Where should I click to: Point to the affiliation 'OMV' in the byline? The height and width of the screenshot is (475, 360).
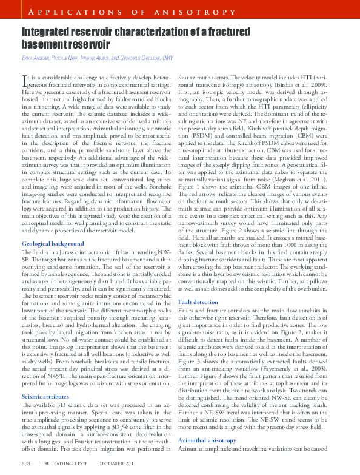pos(168,58)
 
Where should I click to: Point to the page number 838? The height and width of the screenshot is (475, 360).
pos(26,463)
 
